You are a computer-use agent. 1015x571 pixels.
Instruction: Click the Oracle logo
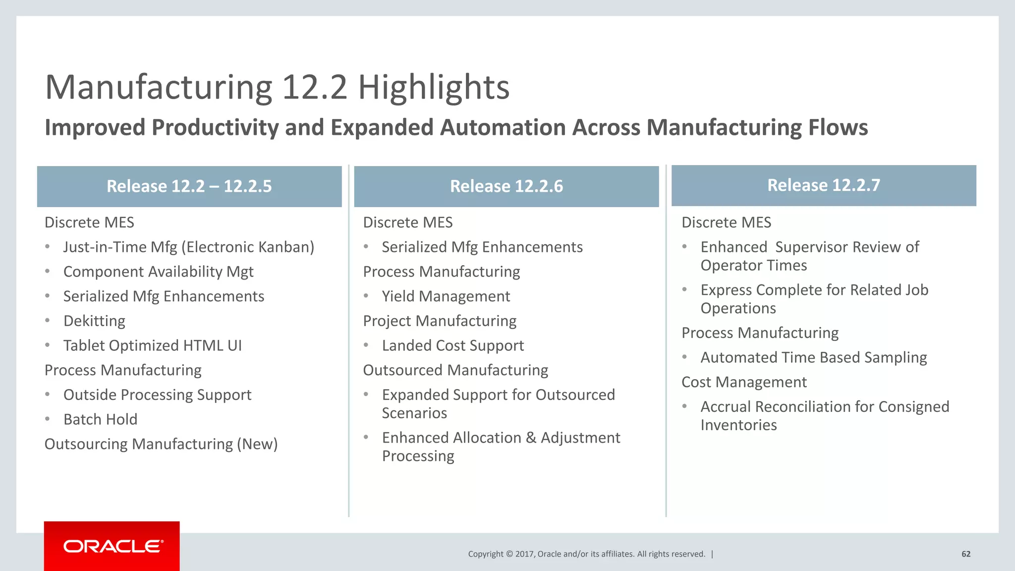tap(112, 546)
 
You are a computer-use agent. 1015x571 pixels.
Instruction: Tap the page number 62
tap(966, 554)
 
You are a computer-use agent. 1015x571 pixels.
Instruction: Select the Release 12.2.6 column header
tap(506, 186)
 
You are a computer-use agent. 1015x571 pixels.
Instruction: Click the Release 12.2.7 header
tap(823, 185)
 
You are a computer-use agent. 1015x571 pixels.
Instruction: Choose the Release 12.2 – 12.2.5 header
tap(189, 186)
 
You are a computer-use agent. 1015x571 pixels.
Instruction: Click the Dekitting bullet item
tap(94, 321)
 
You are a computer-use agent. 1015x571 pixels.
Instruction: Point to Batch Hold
tap(100, 419)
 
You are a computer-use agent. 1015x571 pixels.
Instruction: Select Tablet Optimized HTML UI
tap(152, 345)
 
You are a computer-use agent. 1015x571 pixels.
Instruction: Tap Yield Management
tap(446, 296)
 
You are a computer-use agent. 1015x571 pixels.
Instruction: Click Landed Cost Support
tap(452, 345)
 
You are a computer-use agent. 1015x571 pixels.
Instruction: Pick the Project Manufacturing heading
tap(440, 321)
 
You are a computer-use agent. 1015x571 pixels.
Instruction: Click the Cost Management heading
tap(744, 382)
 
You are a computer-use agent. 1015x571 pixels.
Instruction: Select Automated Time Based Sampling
tap(813, 357)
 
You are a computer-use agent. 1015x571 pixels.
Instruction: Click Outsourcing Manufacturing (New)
tap(161, 444)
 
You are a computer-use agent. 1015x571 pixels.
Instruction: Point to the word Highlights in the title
tap(434, 87)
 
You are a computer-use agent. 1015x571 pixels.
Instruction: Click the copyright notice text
tap(586, 554)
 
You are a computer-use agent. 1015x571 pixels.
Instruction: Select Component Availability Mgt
tap(158, 272)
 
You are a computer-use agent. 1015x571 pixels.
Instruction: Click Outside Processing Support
tap(157, 395)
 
